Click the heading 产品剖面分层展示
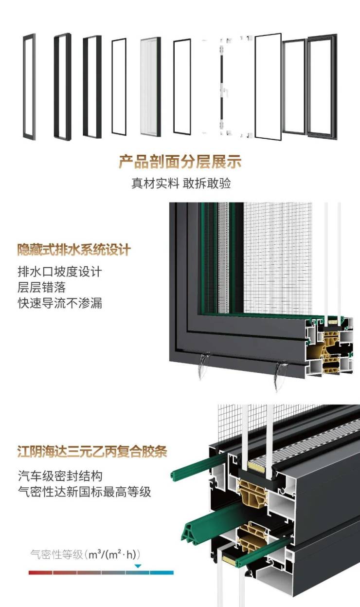[180, 162]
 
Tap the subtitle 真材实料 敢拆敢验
[181, 183]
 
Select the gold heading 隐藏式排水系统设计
[74, 250]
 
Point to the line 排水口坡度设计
[60, 272]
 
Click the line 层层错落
[42, 287]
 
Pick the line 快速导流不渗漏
[60, 303]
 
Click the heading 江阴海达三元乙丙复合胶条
[92, 451]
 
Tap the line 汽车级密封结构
[60, 476]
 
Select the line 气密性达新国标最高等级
[85, 492]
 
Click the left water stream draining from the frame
[202, 366]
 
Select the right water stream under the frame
[280, 376]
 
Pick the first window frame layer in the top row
[29, 87]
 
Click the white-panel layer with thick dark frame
[151, 87]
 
